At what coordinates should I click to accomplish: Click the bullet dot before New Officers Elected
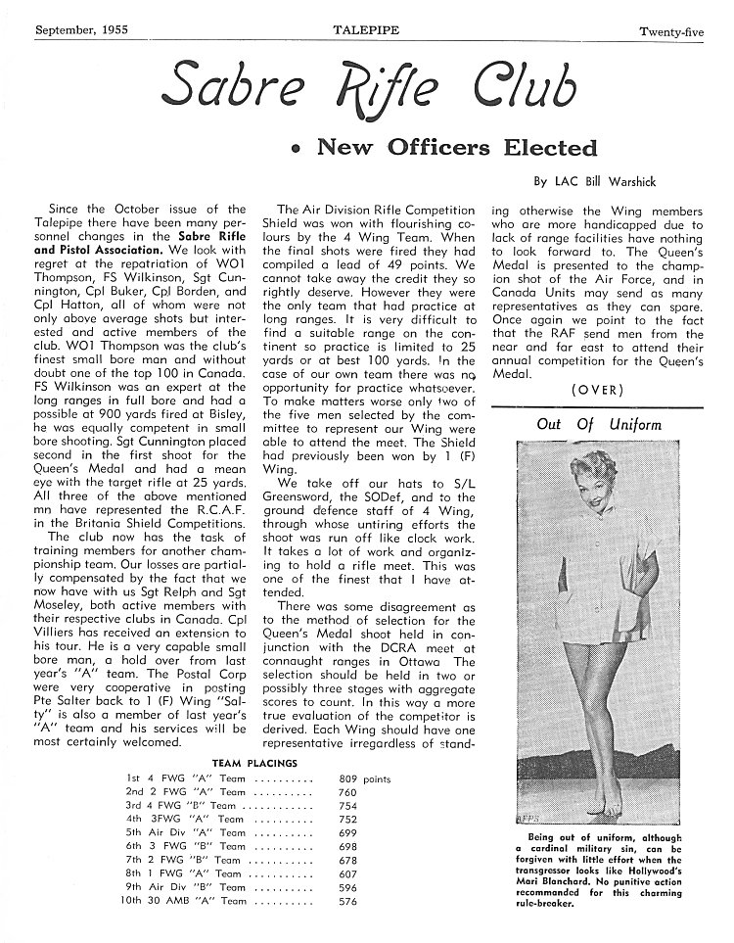pos(294,151)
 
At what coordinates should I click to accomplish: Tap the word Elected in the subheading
pos(549,148)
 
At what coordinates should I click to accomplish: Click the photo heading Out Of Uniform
pos(599,425)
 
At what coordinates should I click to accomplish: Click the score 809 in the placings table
pos(348,779)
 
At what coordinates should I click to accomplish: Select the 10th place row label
pos(140,901)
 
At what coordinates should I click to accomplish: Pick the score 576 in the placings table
pos(348,901)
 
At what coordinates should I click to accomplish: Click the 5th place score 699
pos(348,833)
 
